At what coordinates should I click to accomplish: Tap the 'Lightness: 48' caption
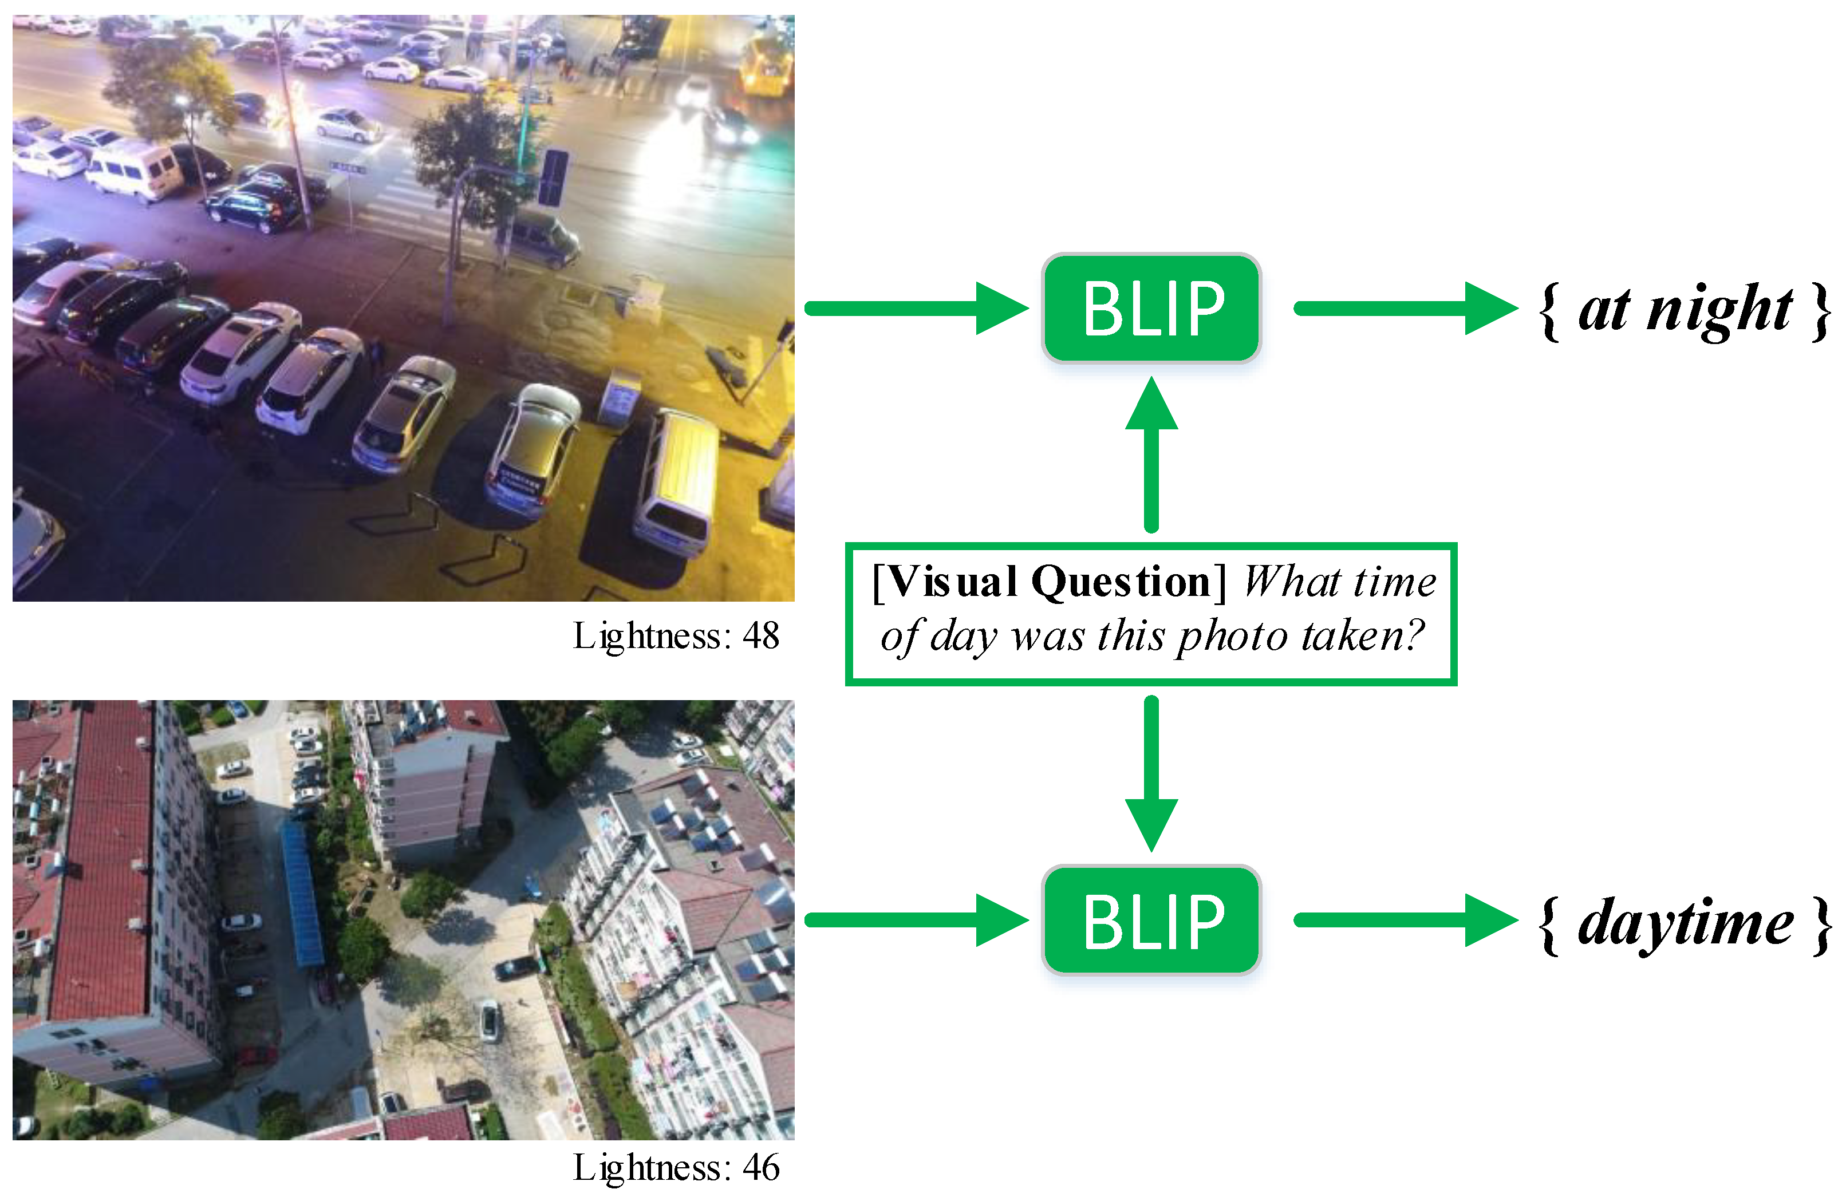pyautogui.click(x=676, y=637)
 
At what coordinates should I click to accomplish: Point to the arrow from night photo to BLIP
pyautogui.click(x=915, y=309)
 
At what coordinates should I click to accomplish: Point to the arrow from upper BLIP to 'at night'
pyautogui.click(x=1404, y=309)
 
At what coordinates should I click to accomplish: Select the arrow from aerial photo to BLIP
pyautogui.click(x=915, y=921)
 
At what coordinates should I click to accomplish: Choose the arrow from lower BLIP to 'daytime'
pyautogui.click(x=1404, y=921)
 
